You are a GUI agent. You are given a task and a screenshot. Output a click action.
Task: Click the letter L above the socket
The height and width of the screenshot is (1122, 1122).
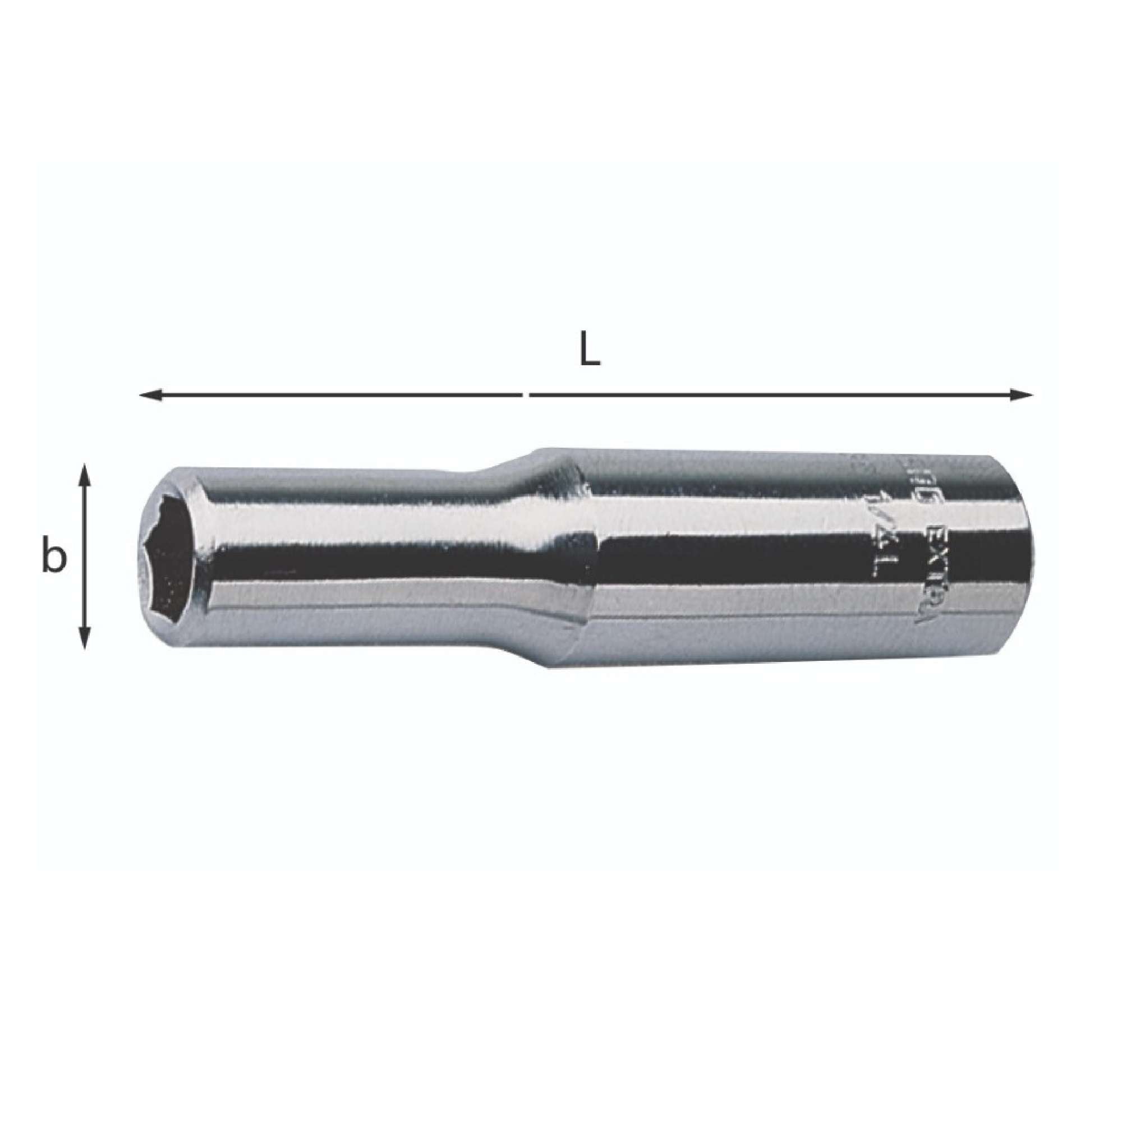(590, 350)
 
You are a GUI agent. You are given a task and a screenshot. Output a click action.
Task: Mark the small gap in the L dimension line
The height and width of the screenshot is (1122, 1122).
(526, 396)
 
